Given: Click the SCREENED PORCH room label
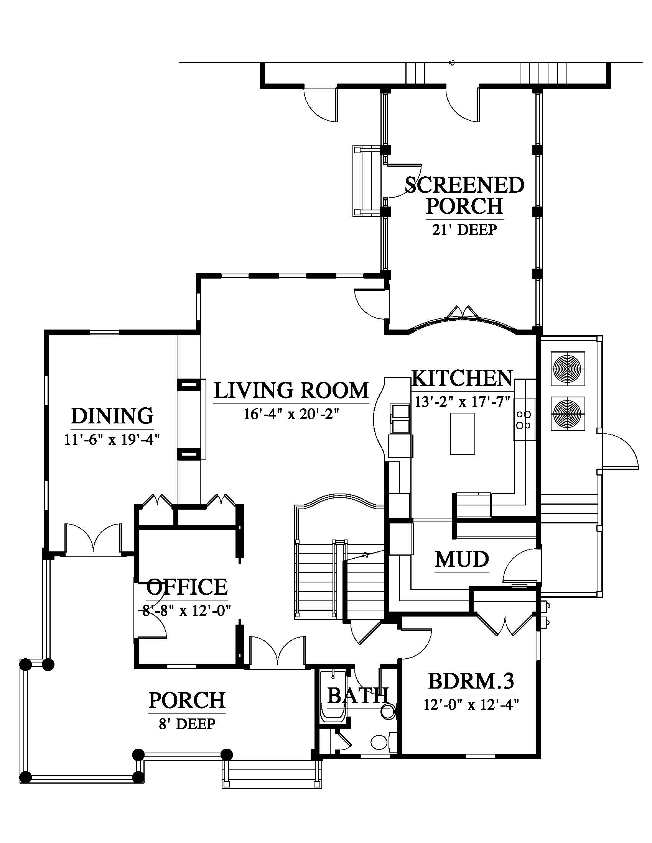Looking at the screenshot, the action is pos(465,195).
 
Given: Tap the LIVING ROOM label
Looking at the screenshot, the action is pos(291,390).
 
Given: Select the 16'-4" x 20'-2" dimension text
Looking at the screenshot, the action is pos(291,414).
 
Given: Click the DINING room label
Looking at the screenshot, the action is pos(112,416).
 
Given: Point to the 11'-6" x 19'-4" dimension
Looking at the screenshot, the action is pos(112,440).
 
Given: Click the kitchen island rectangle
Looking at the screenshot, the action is pos(463,433).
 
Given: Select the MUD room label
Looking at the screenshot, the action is pos(462,559).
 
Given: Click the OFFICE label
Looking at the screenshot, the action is pos(187,587).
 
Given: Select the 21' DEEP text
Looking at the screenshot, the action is pos(464,230).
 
